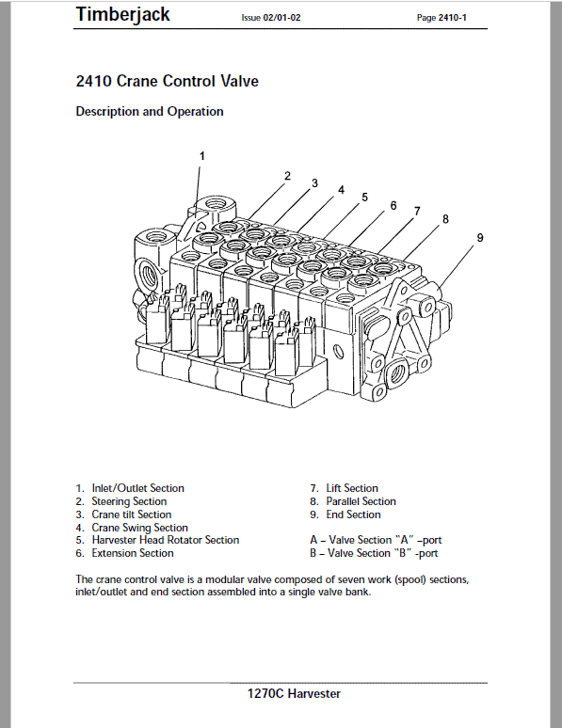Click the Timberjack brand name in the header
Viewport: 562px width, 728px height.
[122, 15]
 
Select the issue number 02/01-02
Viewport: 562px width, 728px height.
[281, 18]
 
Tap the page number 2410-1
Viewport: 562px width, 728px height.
[452, 18]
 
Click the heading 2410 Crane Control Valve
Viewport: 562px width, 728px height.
[167, 81]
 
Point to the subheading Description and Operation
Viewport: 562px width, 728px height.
[150, 111]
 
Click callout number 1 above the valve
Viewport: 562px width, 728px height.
[201, 156]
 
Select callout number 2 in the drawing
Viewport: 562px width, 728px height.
[287, 176]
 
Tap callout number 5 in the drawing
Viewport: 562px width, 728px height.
[364, 198]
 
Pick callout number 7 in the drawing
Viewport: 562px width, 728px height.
[417, 212]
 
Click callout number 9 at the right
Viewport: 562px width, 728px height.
[480, 238]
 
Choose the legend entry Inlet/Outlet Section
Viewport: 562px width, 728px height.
[137, 488]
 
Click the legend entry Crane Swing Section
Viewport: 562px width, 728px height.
[139, 528]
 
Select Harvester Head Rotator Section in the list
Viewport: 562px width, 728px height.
[166, 540]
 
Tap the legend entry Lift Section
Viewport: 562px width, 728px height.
[352, 488]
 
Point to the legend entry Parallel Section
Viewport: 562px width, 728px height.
[361, 501]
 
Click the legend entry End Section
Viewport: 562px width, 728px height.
[353, 514]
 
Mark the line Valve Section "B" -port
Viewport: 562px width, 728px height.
[374, 553]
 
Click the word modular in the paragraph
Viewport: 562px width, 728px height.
[225, 579]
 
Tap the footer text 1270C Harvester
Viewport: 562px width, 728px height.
[294, 693]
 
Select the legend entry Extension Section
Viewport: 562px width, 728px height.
[133, 553]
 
